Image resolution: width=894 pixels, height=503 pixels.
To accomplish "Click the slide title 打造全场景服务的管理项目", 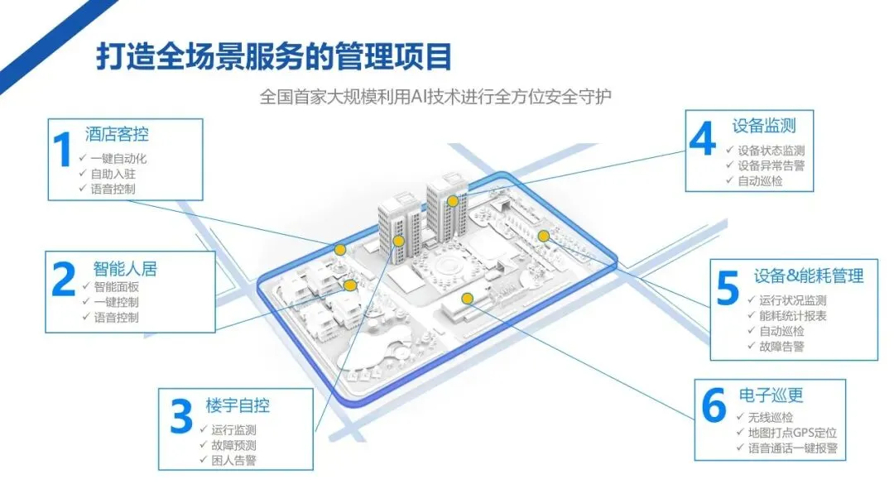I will [274, 57].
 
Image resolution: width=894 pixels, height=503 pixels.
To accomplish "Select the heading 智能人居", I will [125, 268].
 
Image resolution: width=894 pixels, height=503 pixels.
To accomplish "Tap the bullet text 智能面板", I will [116, 286].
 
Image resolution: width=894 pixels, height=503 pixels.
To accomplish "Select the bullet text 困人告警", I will [233, 460].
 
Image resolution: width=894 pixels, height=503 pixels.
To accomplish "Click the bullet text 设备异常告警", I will [771, 165].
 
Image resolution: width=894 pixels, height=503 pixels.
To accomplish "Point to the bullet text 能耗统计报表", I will [792, 315].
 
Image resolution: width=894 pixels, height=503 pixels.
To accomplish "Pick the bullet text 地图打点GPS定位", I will [791, 433].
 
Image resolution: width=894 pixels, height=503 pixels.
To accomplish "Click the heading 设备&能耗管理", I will [809, 275].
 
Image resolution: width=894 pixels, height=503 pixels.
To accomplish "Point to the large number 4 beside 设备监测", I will [702, 141].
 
